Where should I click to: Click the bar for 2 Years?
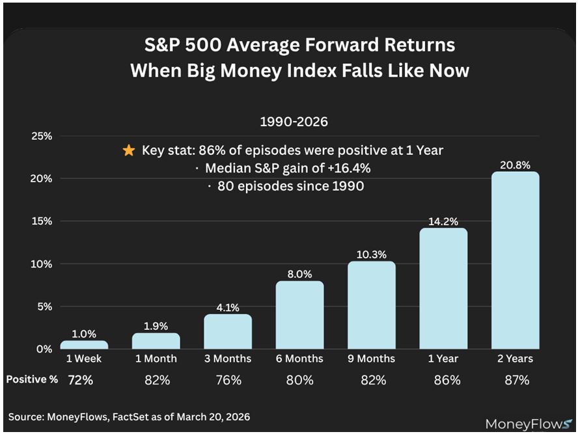click(515, 260)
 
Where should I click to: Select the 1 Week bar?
click(85, 345)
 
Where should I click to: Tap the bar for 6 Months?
click(299, 315)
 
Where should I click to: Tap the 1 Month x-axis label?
click(156, 359)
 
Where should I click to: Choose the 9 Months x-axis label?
click(371, 359)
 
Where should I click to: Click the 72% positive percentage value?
click(81, 380)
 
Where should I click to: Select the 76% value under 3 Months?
click(228, 380)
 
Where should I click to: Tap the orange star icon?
click(129, 151)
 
